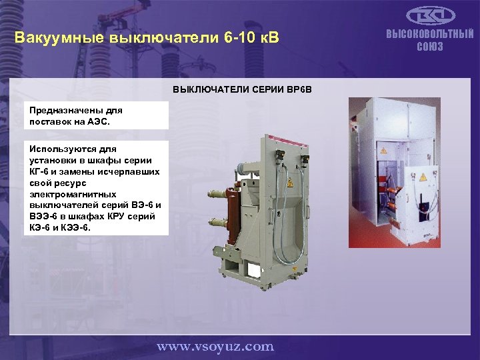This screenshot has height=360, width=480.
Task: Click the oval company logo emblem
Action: click(430, 15)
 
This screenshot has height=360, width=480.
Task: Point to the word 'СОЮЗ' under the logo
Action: click(430, 47)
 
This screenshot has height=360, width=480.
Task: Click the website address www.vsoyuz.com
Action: click(215, 346)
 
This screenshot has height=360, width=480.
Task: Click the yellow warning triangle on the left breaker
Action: click(290, 182)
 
